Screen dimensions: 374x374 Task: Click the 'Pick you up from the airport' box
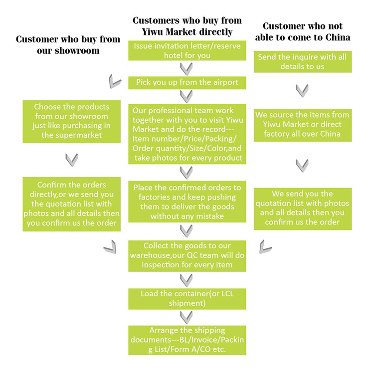tap(187, 82)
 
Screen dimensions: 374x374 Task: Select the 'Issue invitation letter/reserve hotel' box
tap(187, 50)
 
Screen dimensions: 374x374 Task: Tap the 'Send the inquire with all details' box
tap(303, 61)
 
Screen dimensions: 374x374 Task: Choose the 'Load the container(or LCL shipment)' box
tap(187, 299)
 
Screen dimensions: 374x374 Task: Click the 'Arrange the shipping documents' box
tap(187, 340)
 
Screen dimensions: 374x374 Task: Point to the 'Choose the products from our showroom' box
tap(71, 121)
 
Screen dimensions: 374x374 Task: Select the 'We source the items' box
tap(303, 125)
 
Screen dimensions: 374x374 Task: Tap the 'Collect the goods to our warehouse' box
tap(187, 256)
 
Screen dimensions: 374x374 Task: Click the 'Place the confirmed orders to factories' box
tap(187, 201)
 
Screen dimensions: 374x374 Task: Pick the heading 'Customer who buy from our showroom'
tap(68, 45)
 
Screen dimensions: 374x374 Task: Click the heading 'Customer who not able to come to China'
tap(303, 32)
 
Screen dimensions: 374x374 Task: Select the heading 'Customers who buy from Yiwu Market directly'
tap(187, 26)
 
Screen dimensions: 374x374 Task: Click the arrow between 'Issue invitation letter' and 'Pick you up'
tap(187, 69)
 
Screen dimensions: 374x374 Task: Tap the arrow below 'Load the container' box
tap(187, 318)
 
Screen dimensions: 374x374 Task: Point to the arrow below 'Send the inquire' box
tap(302, 91)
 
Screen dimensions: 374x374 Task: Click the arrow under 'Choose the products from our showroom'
tap(71, 160)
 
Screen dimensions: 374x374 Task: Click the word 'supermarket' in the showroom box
tap(71, 135)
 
